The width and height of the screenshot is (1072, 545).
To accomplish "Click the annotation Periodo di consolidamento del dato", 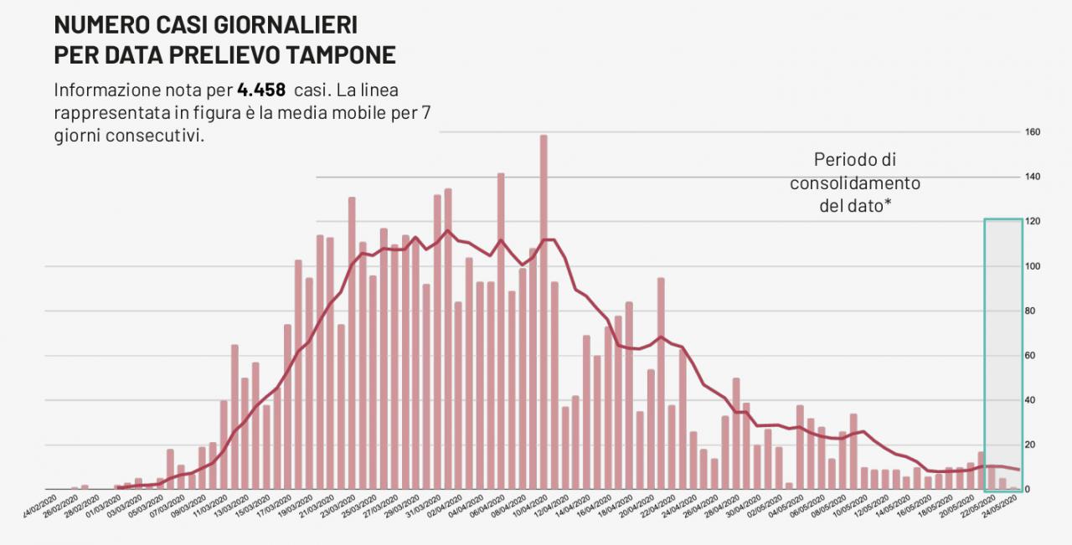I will [x=855, y=182].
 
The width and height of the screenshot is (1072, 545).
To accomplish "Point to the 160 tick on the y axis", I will [x=1032, y=132].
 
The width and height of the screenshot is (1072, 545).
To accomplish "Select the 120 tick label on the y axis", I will [x=1032, y=222].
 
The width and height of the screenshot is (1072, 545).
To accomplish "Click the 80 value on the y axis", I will [x=1032, y=311].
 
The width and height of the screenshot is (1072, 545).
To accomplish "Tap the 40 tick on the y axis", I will [x=1032, y=400].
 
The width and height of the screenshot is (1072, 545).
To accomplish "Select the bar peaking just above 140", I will [x=501, y=331].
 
